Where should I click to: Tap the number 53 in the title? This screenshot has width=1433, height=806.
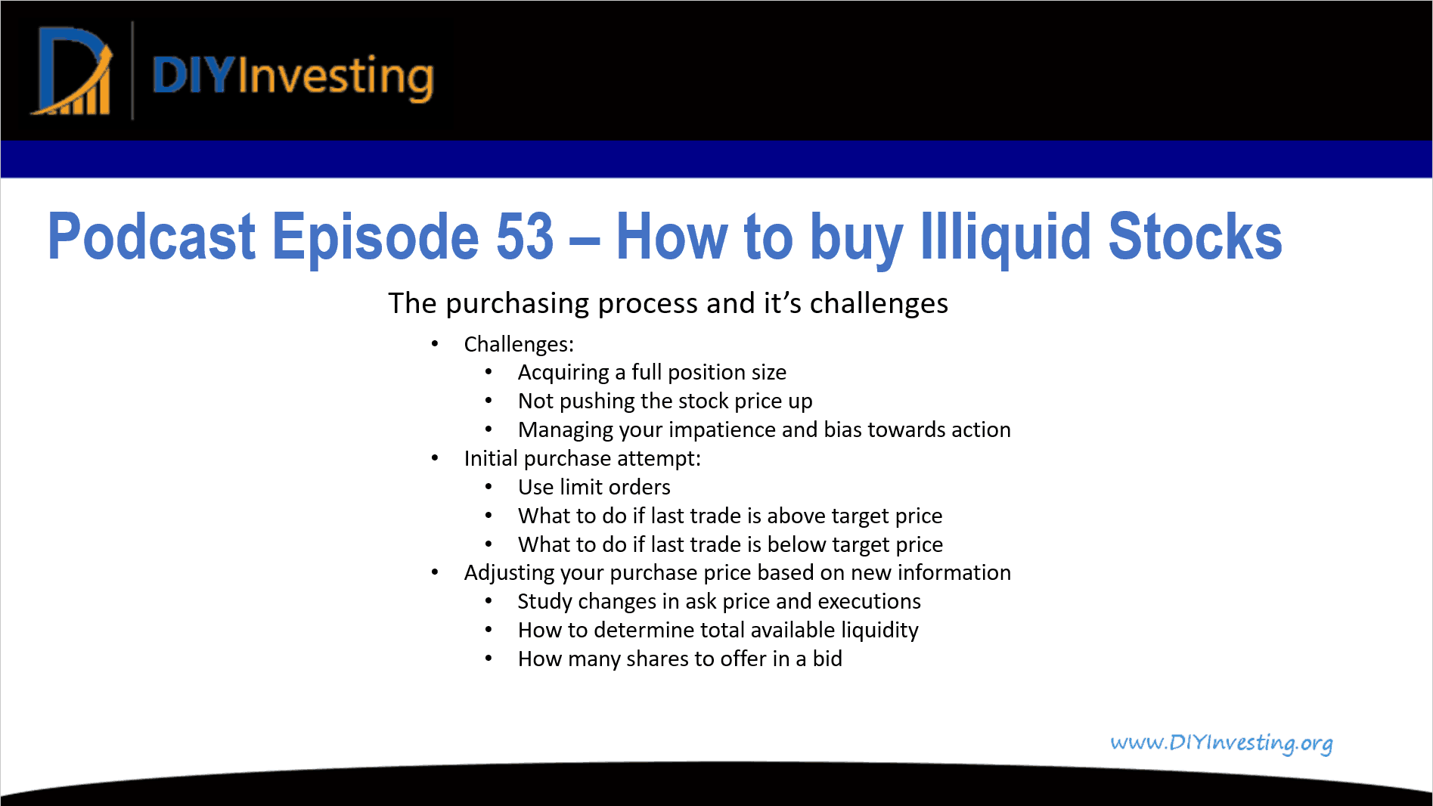pyautogui.click(x=525, y=237)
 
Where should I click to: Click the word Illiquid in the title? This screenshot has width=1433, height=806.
pyautogui.click(x=1005, y=237)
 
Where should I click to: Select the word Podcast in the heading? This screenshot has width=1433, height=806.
pyautogui.click(x=151, y=237)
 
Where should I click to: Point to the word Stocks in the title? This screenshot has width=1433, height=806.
pyautogui.click(x=1195, y=237)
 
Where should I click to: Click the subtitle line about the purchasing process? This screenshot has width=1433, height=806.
pyautogui.click(x=668, y=303)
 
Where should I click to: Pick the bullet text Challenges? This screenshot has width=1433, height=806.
pyautogui.click(x=519, y=344)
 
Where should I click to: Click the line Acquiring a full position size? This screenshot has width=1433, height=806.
pyautogui.click(x=652, y=372)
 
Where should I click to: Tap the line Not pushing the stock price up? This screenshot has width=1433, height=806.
pyautogui.click(x=665, y=401)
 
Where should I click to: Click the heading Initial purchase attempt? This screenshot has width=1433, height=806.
pyautogui.click(x=582, y=458)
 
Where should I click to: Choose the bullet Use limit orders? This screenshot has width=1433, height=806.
pyautogui.click(x=594, y=487)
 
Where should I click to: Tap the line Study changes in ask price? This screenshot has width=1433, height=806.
pyautogui.click(x=718, y=601)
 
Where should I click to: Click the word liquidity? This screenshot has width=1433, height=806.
pyautogui.click(x=879, y=630)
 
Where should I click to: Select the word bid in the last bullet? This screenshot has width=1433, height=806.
pyautogui.click(x=827, y=659)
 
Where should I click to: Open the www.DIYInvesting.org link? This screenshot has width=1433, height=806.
pyautogui.click(x=1221, y=742)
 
